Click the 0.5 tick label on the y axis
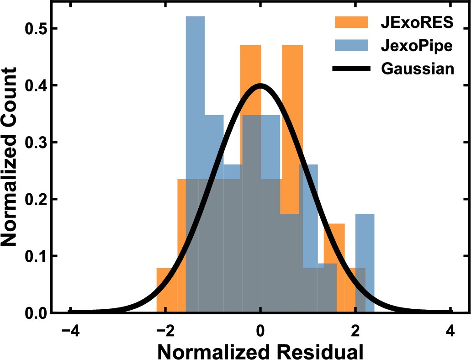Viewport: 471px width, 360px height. point(35,29)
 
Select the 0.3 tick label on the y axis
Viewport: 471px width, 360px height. point(35,143)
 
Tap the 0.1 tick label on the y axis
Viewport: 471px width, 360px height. point(35,256)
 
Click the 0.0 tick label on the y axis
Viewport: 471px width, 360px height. point(35,313)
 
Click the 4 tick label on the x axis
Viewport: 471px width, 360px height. point(451,331)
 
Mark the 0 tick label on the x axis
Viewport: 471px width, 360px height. point(260,331)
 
